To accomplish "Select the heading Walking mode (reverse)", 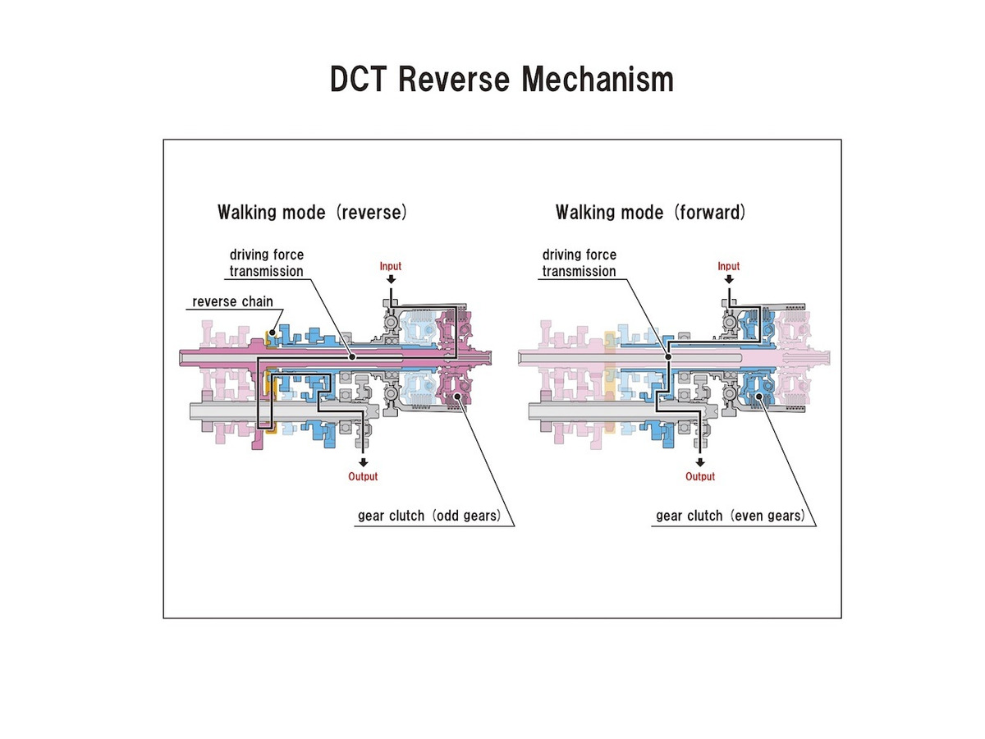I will (x=312, y=213).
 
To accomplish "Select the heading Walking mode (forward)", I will (x=650, y=213).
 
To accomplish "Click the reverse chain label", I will (x=232, y=302).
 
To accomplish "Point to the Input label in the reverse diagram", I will (x=390, y=266).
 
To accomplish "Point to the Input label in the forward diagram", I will (x=728, y=266).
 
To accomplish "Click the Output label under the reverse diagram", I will (x=363, y=476).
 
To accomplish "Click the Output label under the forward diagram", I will (x=700, y=476).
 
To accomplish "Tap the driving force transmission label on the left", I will (x=266, y=263).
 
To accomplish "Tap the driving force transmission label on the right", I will (x=579, y=263).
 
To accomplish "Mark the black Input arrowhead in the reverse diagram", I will (x=391, y=280).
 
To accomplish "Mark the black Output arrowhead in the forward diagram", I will (x=700, y=461).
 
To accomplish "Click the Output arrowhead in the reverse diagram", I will (x=363, y=461).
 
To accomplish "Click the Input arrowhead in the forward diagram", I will (x=729, y=280).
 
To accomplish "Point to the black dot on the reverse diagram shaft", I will (x=352, y=357).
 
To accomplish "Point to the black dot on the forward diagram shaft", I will (x=668, y=357).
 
